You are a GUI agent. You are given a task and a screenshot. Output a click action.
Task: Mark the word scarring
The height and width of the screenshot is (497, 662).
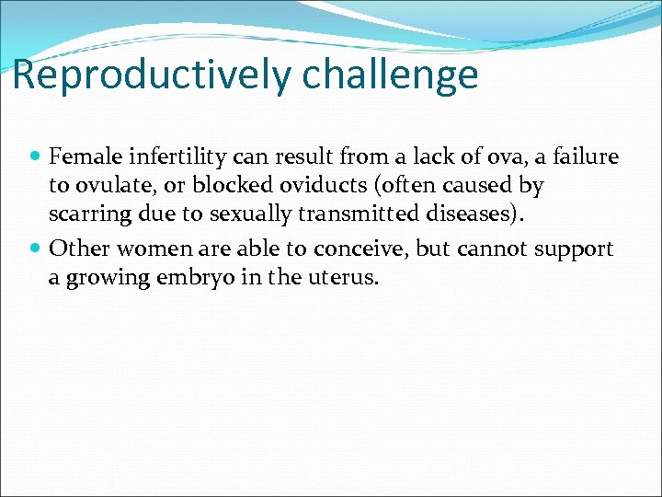pyautogui.click(x=85, y=214)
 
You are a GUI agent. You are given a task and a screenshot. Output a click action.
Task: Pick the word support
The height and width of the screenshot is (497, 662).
pyautogui.click(x=579, y=249)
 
